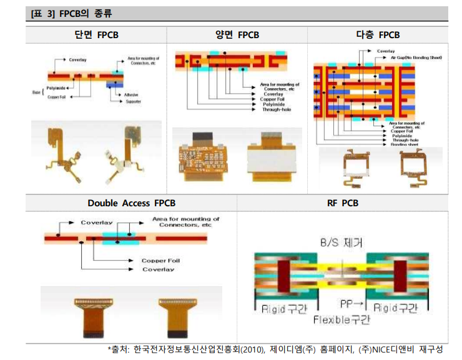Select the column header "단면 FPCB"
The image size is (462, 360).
tap(96, 35)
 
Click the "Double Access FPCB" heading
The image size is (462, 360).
tap(132, 203)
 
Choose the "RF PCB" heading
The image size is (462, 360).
tap(343, 203)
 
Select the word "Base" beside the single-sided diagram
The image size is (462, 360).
tap(36, 92)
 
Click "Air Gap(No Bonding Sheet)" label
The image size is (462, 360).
tap(416, 57)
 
